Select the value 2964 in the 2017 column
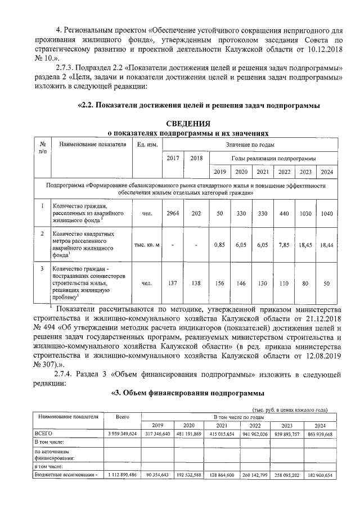coord(173,213)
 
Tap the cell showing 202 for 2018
coord(196,213)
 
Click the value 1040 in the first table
coord(326,213)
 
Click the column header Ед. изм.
coord(147,145)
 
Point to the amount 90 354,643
coord(157,475)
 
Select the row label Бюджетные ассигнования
coord(66,475)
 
